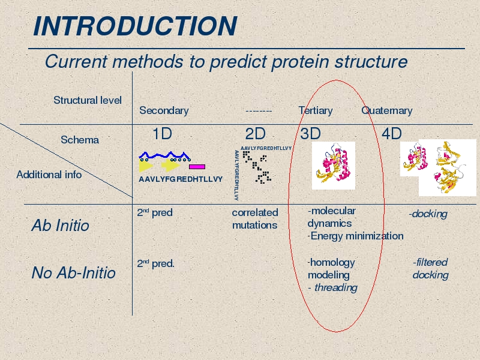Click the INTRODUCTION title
pos(135,26)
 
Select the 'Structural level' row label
pos(88,100)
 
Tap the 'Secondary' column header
pos(164,110)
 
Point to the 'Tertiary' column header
pos(316,110)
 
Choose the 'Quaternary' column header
pos(386,110)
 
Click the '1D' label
pos(162,134)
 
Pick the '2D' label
pos(256,134)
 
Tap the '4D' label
pos(392,134)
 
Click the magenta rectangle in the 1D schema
pos(197,167)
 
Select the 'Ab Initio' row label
pos(61,226)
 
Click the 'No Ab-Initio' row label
pos(73,273)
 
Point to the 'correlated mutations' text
pos(255,219)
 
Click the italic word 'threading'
pos(336,288)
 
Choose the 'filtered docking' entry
pos(430,268)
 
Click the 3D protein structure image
pos(334,166)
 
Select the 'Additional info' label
pos(49,175)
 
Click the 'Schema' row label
pos(80,140)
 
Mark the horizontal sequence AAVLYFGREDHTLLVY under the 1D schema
pos(181,179)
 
